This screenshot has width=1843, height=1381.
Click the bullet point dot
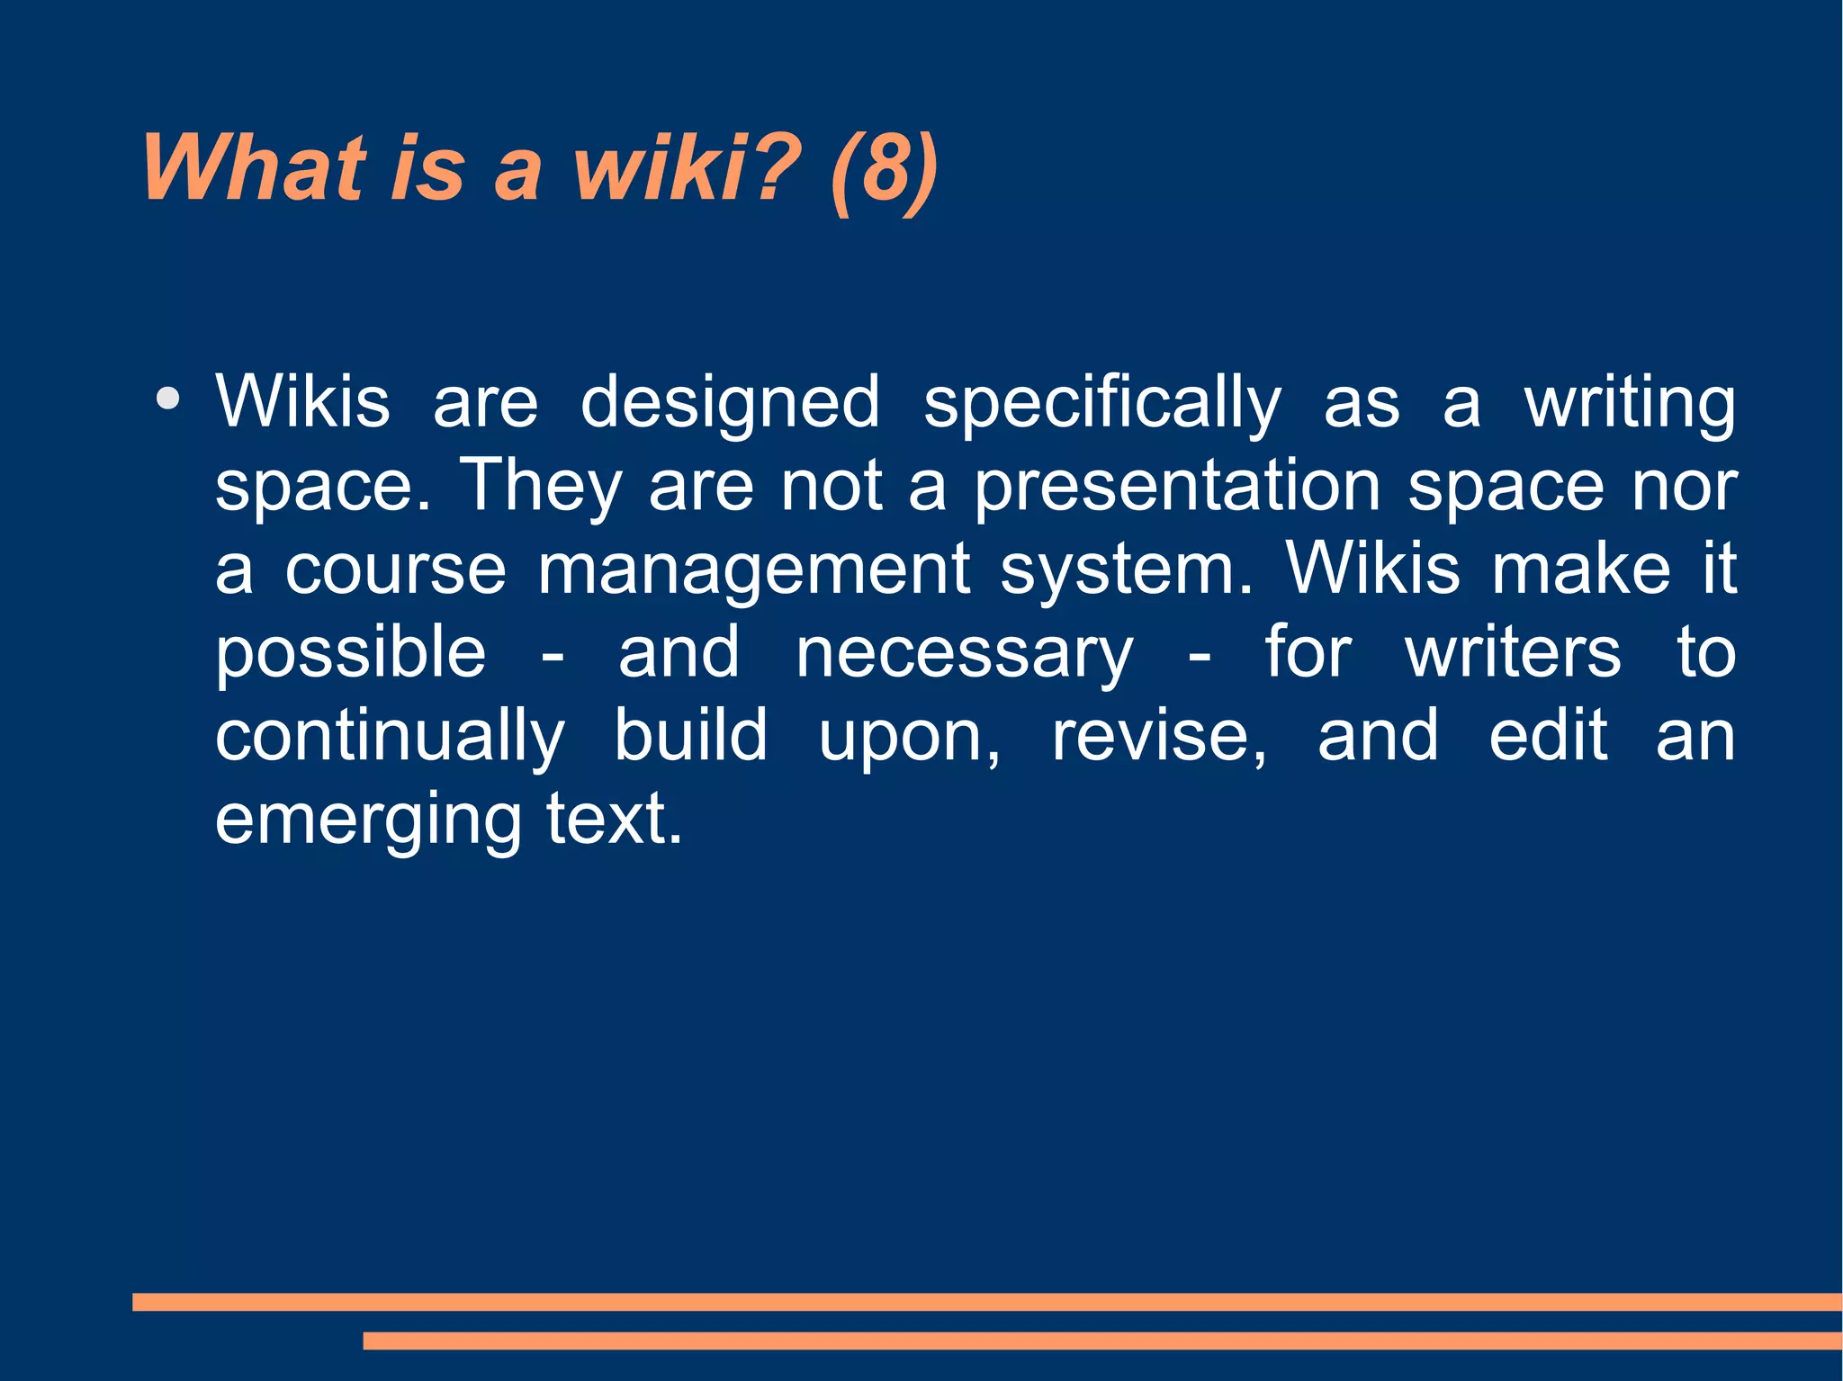[x=167, y=398]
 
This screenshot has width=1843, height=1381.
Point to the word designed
[x=730, y=403]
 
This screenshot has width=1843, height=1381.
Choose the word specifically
[x=1101, y=403]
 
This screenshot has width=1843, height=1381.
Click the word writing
[x=1629, y=403]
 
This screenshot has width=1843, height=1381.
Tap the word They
[x=541, y=487]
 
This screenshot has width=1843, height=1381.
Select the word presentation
[x=1177, y=487]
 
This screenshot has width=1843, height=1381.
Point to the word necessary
[x=964, y=653]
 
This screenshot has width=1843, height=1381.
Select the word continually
[x=391, y=737]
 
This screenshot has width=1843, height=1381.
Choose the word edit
[x=1548, y=737]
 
